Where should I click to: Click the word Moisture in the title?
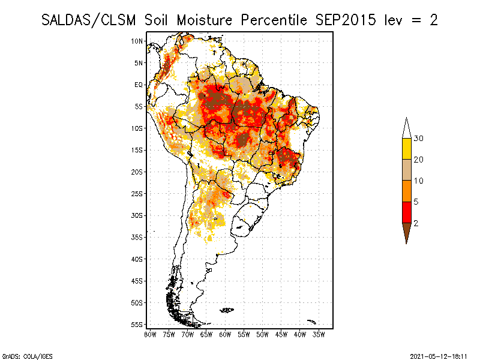(x=204, y=20)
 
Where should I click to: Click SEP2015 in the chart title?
(x=346, y=20)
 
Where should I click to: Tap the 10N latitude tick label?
(x=137, y=41)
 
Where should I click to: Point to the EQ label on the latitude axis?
(x=139, y=85)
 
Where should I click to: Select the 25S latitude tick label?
(x=137, y=194)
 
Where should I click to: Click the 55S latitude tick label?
(x=137, y=325)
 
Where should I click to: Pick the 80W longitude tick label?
(x=150, y=335)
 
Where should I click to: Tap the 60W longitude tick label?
(x=225, y=335)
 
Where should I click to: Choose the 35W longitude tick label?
(x=319, y=335)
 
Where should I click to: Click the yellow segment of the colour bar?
(x=407, y=149)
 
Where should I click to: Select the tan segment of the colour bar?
(x=407, y=170)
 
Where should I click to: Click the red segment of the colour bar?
(x=407, y=212)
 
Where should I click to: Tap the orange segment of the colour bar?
(x=407, y=191)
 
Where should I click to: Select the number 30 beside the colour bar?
(x=418, y=139)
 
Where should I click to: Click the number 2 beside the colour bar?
(x=416, y=223)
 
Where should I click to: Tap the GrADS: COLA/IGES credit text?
(x=28, y=356)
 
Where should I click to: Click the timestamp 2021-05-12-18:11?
(x=439, y=356)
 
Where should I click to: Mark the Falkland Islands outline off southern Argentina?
(x=227, y=310)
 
